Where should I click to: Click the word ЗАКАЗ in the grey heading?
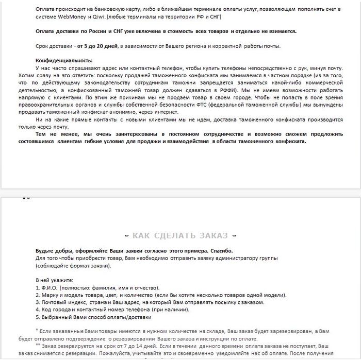click(x=211, y=236)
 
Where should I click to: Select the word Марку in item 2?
click(x=51, y=295)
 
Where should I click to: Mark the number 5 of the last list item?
click(x=37, y=318)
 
